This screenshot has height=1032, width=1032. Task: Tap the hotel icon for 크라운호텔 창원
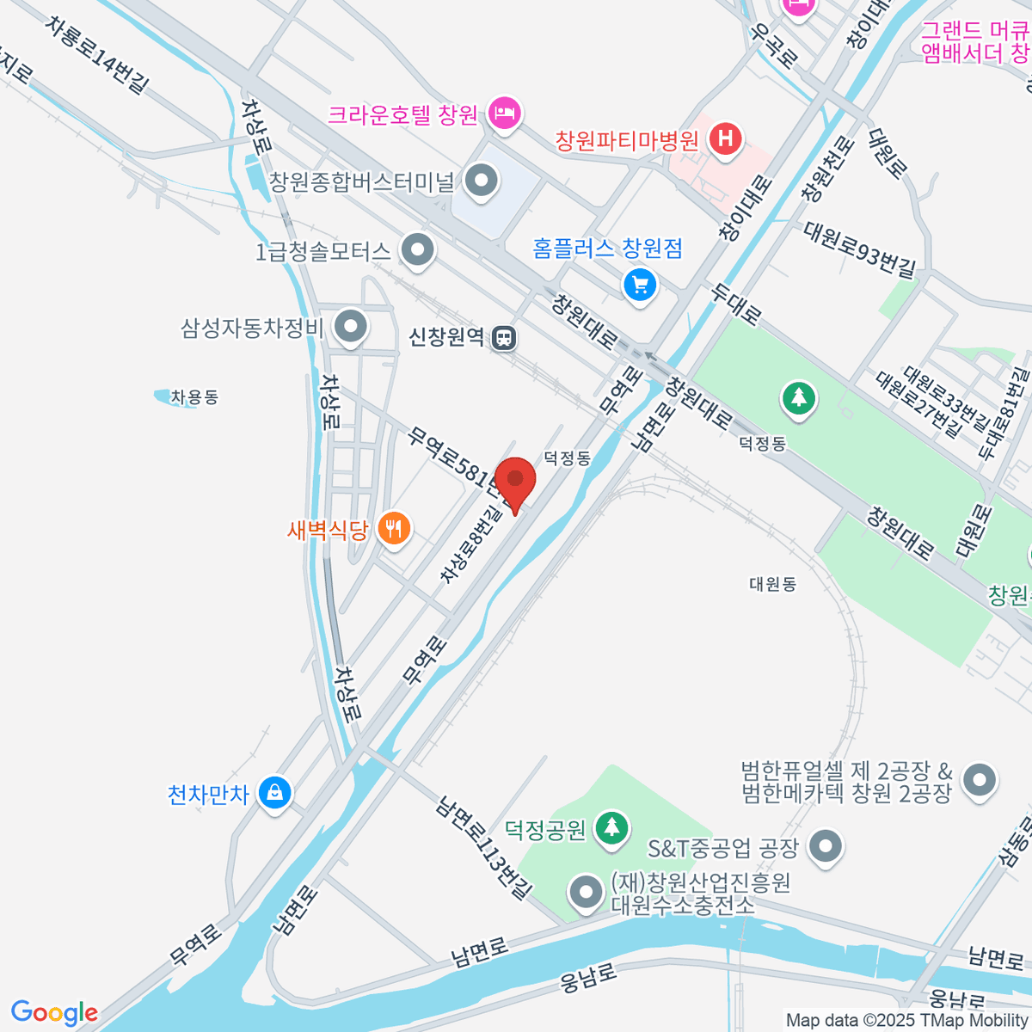pyautogui.click(x=504, y=114)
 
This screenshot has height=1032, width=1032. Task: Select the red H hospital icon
pyautogui.click(x=726, y=139)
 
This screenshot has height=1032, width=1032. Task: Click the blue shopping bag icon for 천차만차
pyautogui.click(x=274, y=792)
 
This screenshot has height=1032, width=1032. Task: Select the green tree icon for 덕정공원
pyautogui.click(x=611, y=828)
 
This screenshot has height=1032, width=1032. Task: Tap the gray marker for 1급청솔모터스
pyautogui.click(x=419, y=251)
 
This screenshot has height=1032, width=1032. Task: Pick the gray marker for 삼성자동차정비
pyautogui.click(x=350, y=328)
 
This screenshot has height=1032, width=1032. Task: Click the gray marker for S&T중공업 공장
pyautogui.click(x=826, y=847)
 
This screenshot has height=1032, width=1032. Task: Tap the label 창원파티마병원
pyautogui.click(x=627, y=140)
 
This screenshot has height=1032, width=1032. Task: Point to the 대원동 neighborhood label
pyautogui.click(x=772, y=584)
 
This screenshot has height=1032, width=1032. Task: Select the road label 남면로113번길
pyautogui.click(x=484, y=848)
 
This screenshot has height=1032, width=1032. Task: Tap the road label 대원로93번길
pyautogui.click(x=859, y=249)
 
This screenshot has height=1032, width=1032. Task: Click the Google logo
pyautogui.click(x=54, y=1013)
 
